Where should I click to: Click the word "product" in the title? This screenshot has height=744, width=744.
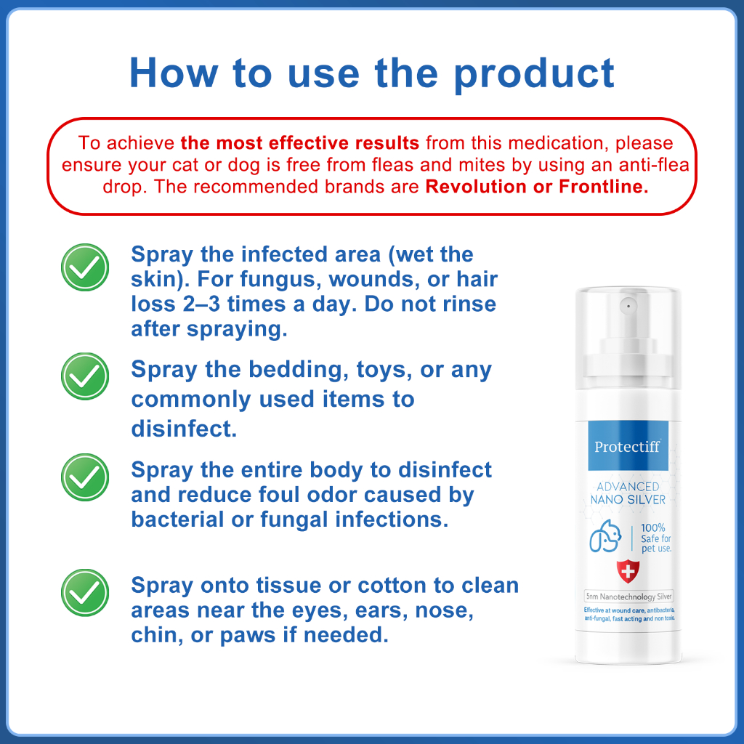pos(534,74)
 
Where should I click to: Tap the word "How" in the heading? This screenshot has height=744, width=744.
pos(174,73)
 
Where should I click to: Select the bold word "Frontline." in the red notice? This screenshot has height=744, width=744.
pos(604,187)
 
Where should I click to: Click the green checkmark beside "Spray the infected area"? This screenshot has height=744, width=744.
pos(85,267)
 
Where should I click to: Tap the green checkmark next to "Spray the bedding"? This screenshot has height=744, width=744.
pos(85,376)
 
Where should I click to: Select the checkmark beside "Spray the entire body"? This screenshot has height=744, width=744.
pos(85,477)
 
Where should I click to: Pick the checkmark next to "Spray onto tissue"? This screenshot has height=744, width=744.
pos(85,593)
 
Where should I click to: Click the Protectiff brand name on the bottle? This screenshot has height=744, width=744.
pos(627,447)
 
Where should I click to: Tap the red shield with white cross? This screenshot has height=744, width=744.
pos(628,572)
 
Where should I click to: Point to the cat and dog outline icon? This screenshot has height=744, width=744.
pos(605,536)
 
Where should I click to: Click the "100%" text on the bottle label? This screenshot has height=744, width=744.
pos(653,527)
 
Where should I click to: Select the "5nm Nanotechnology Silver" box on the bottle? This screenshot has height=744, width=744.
pos(628,597)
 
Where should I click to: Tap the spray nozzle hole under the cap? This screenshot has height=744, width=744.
pos(628,306)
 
